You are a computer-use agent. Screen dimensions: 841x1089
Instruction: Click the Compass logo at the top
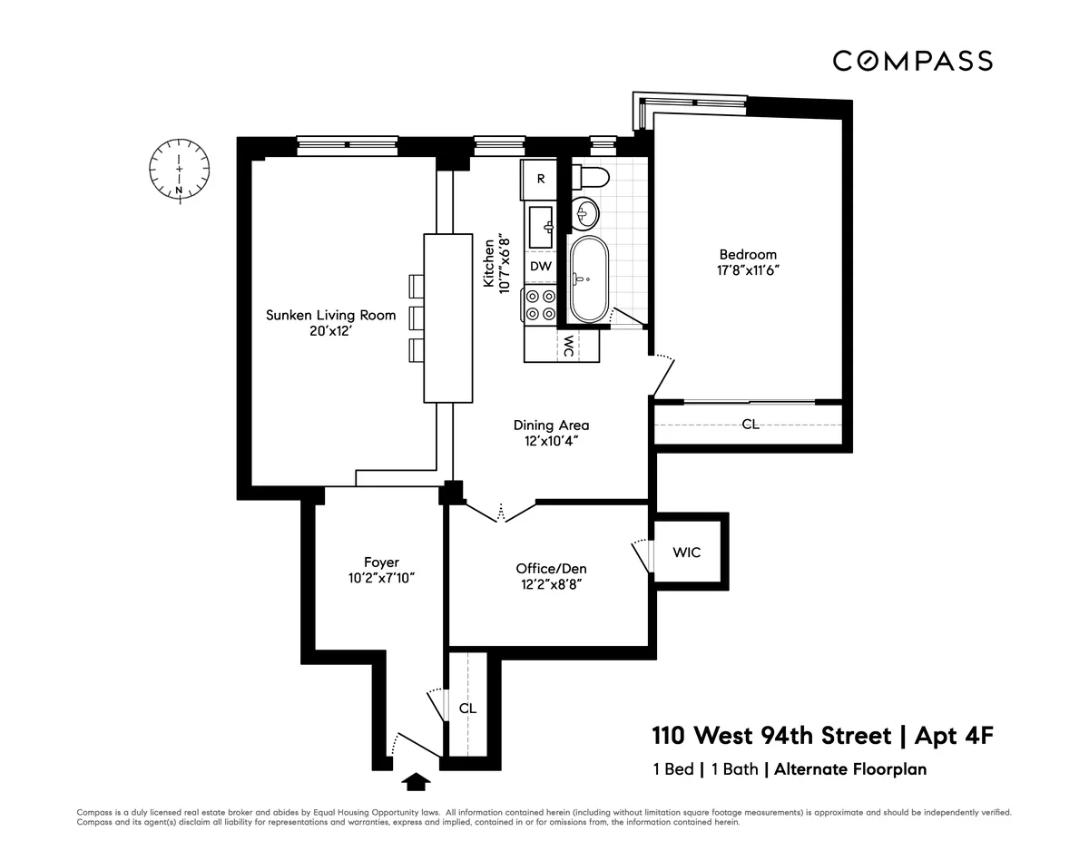click(912, 61)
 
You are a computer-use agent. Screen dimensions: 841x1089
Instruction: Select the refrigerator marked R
click(541, 179)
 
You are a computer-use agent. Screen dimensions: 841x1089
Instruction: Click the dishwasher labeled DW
click(541, 266)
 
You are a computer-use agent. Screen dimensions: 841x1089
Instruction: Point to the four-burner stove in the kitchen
click(541, 304)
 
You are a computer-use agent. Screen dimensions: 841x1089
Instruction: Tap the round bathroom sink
click(586, 214)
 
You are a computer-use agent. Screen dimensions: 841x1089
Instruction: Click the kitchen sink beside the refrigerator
click(543, 226)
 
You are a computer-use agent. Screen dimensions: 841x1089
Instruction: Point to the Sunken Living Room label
click(330, 316)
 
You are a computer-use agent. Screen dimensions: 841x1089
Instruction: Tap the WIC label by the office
click(687, 552)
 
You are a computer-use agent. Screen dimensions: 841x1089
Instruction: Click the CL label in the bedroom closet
click(750, 424)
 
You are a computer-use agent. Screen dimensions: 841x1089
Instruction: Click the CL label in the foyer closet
click(467, 708)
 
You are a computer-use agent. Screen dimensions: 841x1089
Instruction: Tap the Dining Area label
click(551, 425)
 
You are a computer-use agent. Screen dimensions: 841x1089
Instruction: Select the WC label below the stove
click(566, 346)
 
